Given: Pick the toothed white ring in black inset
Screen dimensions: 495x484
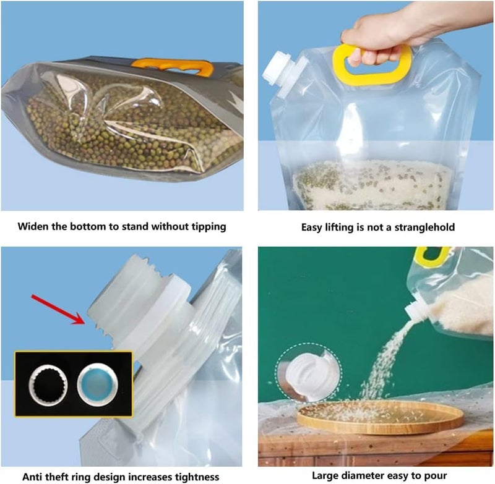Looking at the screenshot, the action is click(x=48, y=385).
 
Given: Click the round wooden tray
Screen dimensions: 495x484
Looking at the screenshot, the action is click(x=381, y=417).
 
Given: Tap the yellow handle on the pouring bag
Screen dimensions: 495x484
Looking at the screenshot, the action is click(x=433, y=256).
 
